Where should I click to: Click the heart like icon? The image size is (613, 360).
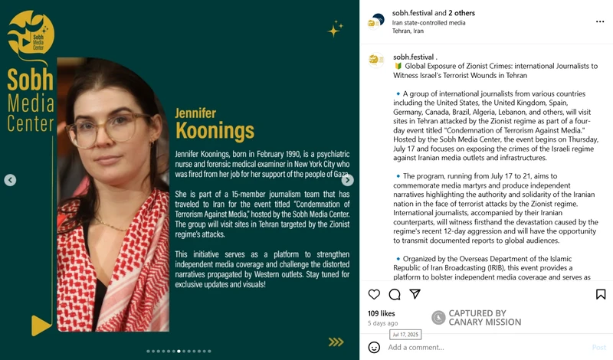[x=374, y=294]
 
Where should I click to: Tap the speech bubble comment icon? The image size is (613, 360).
[x=395, y=294]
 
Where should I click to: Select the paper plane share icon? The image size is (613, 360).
[x=415, y=294]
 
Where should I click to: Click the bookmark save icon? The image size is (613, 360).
[x=601, y=294]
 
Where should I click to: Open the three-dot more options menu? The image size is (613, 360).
[x=599, y=22]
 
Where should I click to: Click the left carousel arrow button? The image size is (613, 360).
[x=10, y=180]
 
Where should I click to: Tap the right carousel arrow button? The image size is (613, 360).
[x=347, y=180]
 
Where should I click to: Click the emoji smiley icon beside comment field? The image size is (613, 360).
[x=374, y=347]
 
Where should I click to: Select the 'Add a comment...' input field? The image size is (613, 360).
[x=475, y=347]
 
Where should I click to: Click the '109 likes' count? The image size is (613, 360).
[x=382, y=313]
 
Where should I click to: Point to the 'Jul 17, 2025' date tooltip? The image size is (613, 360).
[x=405, y=335]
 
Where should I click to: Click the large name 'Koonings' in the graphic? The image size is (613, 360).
[x=215, y=129]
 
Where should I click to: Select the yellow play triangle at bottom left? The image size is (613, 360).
[x=41, y=325]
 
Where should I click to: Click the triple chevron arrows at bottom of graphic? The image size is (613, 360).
[x=336, y=342]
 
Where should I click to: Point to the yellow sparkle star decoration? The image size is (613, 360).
[x=335, y=29]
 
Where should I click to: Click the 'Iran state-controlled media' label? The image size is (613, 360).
[x=428, y=22]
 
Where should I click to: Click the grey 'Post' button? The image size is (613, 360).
[x=598, y=347]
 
